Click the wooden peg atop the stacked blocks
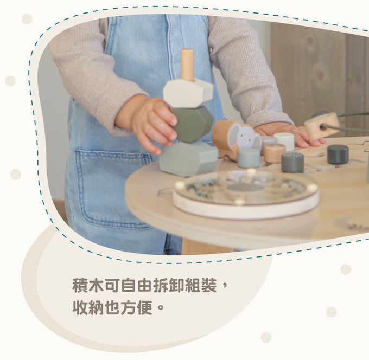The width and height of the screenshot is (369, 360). (x=187, y=65)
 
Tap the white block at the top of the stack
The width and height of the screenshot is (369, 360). (x=188, y=93)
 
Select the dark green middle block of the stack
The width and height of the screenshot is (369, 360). (x=192, y=124)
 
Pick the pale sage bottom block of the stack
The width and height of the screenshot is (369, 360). (x=188, y=158)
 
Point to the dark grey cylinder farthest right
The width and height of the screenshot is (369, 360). (x=338, y=155)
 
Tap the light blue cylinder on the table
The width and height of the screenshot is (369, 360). (x=249, y=158)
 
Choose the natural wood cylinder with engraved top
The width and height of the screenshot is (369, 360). (x=275, y=152)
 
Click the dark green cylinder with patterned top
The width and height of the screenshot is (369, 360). (x=292, y=162)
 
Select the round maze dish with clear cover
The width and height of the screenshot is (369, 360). (x=246, y=195)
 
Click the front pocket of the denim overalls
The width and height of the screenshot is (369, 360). (x=113, y=189)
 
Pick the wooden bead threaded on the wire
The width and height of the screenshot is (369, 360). (x=322, y=125)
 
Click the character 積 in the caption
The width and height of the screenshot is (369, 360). (x=80, y=286)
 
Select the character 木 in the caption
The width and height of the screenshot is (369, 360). (x=97, y=286)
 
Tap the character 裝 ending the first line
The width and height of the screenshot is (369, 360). (x=208, y=286)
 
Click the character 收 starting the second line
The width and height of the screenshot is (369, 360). (x=80, y=307)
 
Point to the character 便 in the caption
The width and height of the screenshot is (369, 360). (x=144, y=307)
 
